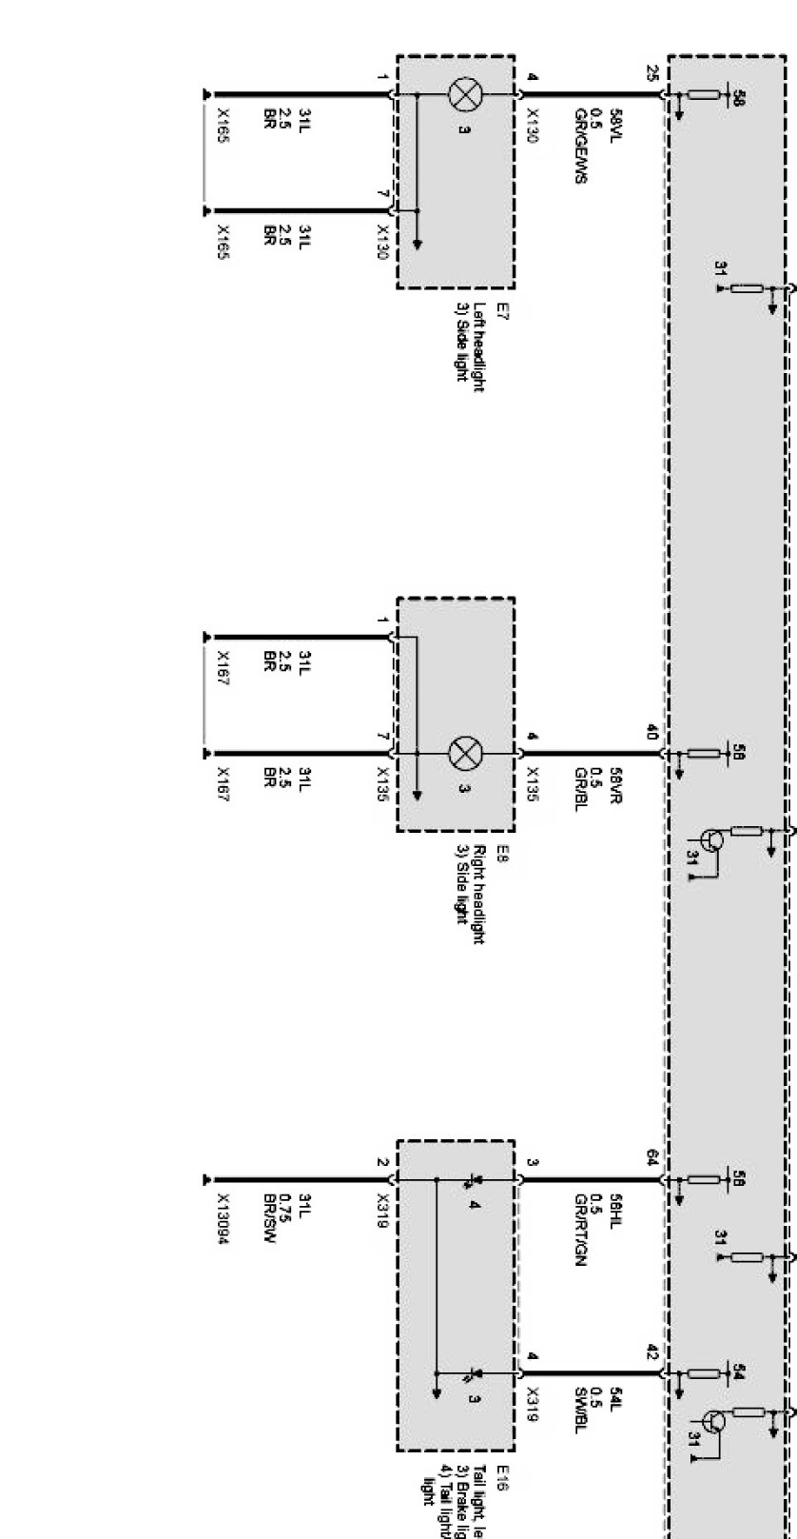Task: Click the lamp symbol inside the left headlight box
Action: pos(466,95)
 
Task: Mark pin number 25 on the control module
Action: pos(651,72)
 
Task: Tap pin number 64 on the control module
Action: pos(651,1157)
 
